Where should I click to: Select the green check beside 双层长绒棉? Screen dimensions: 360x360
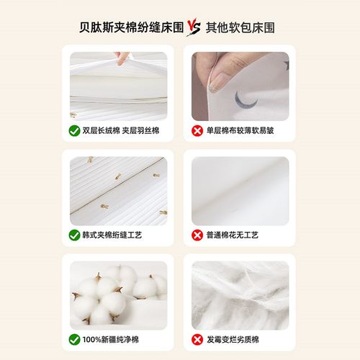click(x=75, y=131)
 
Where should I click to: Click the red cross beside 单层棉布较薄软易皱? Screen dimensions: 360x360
click(x=197, y=131)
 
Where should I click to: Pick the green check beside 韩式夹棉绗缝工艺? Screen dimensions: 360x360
click(x=75, y=235)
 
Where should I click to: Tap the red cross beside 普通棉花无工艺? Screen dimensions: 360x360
click(x=197, y=235)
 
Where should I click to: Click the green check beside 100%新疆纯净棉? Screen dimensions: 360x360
click(x=75, y=338)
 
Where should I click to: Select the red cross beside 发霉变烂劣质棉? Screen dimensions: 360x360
click(x=197, y=338)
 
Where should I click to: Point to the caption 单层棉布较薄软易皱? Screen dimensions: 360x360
click(x=241, y=131)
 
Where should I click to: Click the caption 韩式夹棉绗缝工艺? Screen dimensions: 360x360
click(x=115, y=235)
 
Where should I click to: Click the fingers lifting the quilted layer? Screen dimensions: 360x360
click(x=124, y=57)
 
